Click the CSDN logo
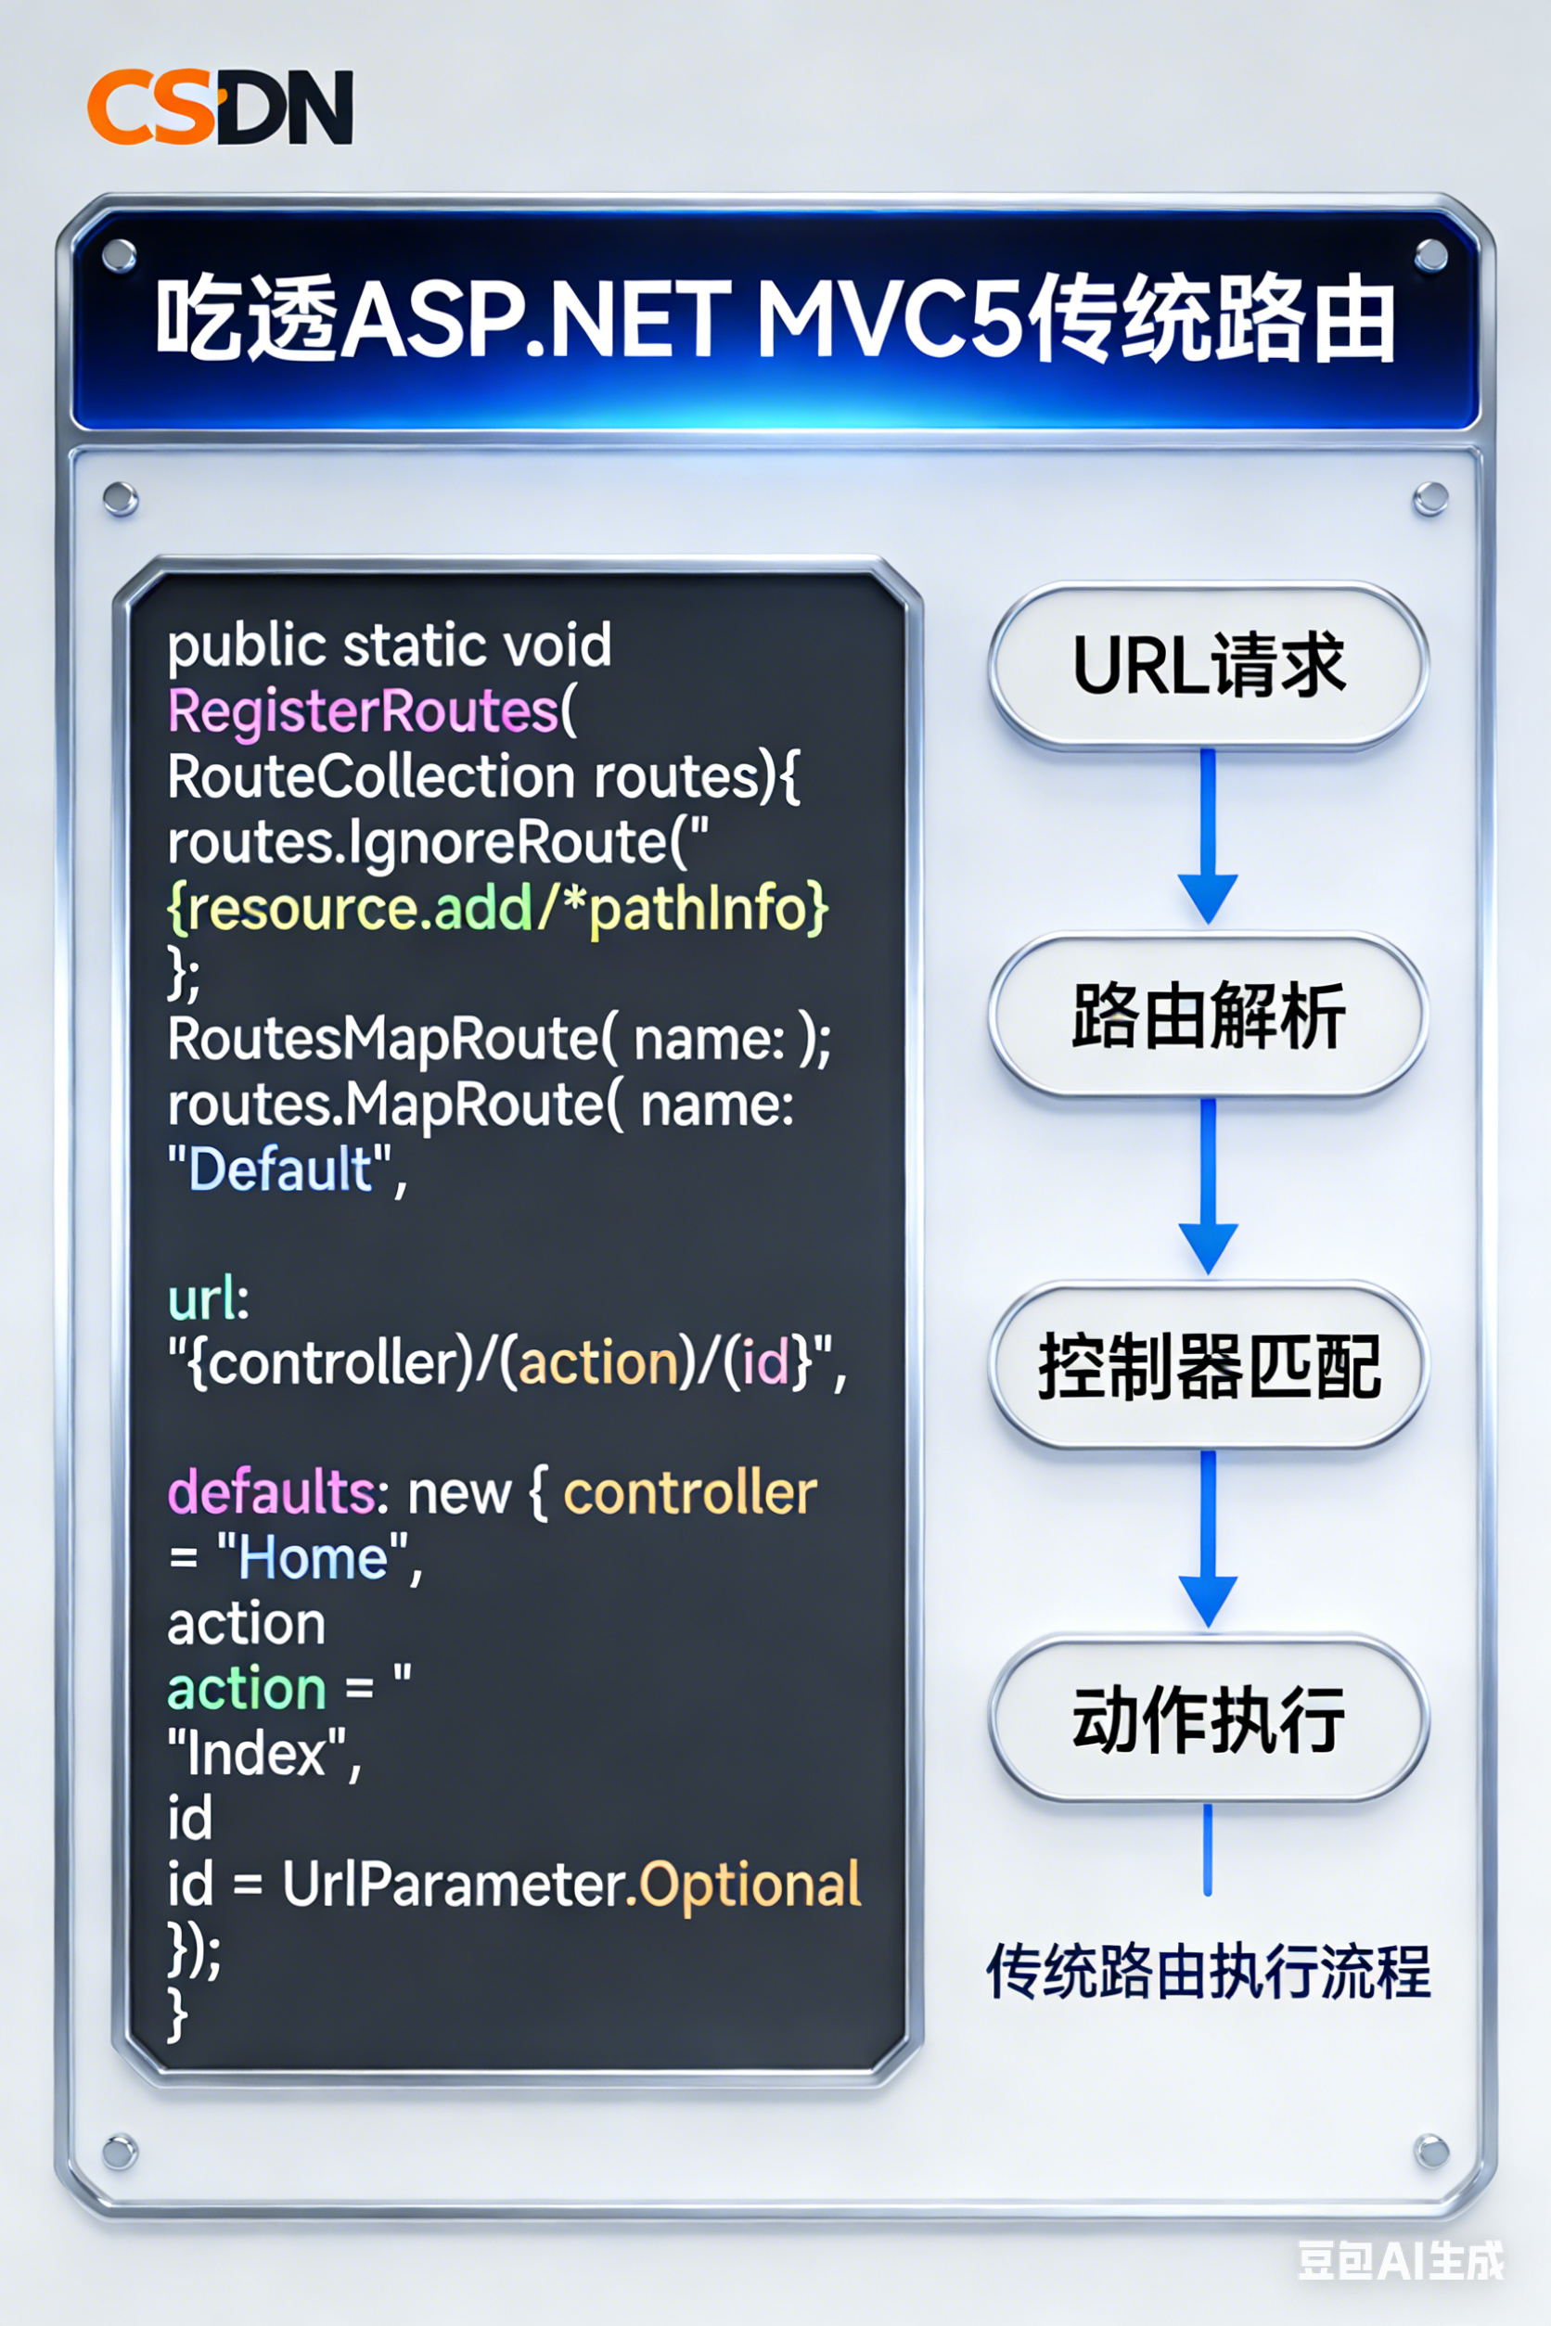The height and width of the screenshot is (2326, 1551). (220, 107)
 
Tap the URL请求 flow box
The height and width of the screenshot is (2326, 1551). (1208, 665)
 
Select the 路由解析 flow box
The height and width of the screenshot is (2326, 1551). (1208, 1016)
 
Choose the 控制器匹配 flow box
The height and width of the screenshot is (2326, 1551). (1208, 1366)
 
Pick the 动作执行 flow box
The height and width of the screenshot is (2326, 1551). (1208, 1719)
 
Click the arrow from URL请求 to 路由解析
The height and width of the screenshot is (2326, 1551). (1208, 836)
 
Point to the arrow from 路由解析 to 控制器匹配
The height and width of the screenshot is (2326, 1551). (1208, 1186)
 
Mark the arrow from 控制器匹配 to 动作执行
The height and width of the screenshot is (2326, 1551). (1208, 1539)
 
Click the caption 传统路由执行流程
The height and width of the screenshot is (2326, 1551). (1208, 1971)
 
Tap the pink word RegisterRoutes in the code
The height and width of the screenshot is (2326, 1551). (363, 711)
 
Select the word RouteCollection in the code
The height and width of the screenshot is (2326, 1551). (371, 776)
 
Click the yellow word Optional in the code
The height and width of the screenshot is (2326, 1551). (750, 1884)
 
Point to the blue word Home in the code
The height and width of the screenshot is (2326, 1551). (313, 1559)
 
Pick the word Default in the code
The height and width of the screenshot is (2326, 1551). (280, 1169)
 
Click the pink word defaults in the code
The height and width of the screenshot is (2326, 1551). (269, 1492)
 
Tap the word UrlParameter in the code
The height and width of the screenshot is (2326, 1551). (453, 1884)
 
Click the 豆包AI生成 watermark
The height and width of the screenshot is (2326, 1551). (1400, 2261)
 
